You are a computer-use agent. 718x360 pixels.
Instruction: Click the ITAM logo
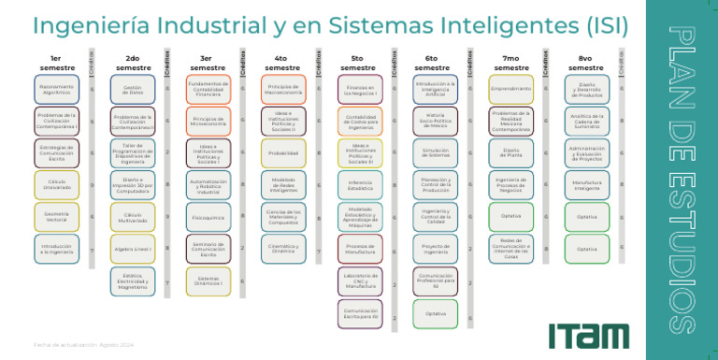(588, 334)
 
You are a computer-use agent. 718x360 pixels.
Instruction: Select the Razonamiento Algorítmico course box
(57, 91)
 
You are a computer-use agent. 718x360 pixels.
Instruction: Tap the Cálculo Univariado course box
(57, 184)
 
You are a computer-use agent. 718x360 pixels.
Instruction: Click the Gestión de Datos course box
(133, 91)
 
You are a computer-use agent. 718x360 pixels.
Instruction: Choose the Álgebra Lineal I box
(133, 250)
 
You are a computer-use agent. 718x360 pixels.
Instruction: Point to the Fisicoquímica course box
(208, 217)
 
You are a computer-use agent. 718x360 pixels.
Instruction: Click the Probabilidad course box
(283, 152)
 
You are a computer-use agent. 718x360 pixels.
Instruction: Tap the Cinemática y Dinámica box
(283, 249)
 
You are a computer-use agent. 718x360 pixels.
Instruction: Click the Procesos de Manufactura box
(360, 250)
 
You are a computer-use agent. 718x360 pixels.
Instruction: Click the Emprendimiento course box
(510, 90)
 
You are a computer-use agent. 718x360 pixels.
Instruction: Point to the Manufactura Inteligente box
(586, 184)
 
